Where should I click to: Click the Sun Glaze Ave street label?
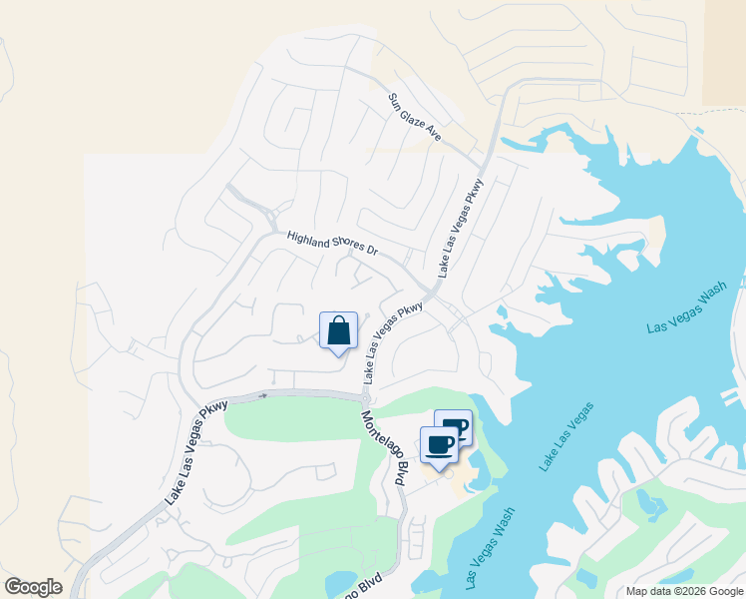[x=414, y=116]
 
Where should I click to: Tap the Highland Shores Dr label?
[x=332, y=245]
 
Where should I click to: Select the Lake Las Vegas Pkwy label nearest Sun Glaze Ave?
[x=459, y=229]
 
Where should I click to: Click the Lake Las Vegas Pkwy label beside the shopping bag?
[x=393, y=343]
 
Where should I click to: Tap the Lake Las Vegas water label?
[x=565, y=436]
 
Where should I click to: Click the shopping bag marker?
[x=338, y=330]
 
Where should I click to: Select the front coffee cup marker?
[x=439, y=444]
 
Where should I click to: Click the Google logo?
[x=33, y=587]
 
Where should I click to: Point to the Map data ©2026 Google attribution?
[x=684, y=591]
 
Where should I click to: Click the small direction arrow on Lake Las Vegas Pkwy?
[x=263, y=395]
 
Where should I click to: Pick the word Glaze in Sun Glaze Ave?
[x=415, y=117]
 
